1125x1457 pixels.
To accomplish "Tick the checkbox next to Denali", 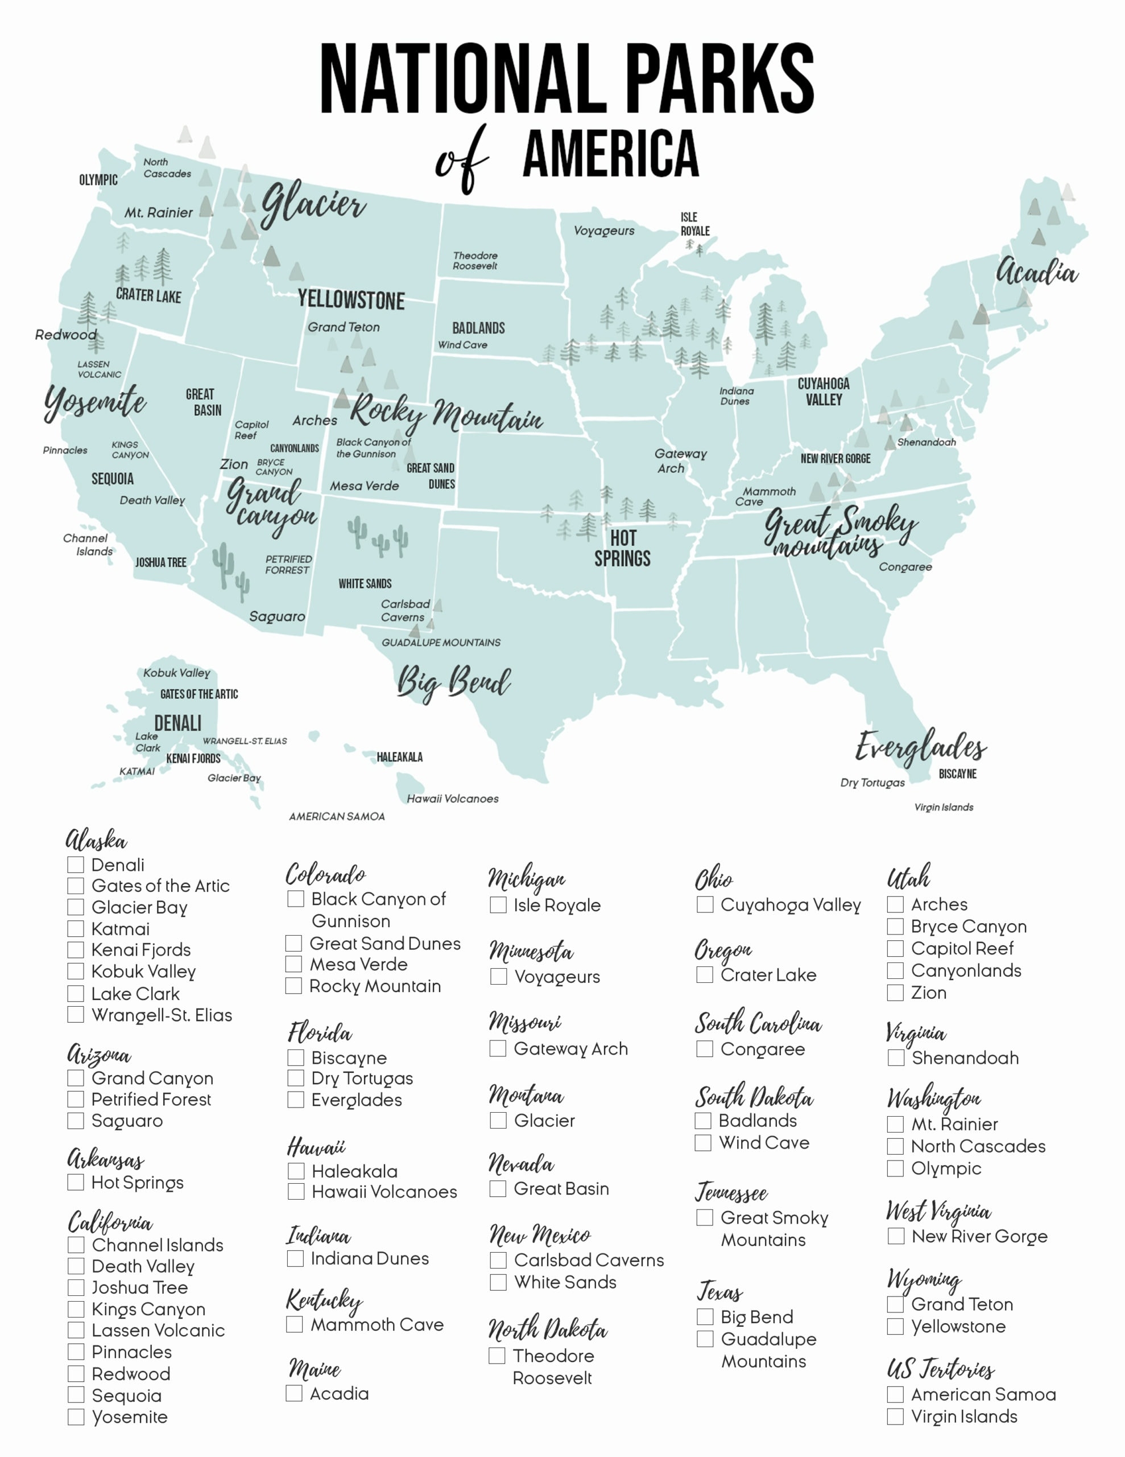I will [75, 865].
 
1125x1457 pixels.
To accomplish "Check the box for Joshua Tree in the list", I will [76, 1287].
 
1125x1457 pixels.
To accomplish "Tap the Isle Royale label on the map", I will [694, 224].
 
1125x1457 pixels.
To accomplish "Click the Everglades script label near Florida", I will [921, 747].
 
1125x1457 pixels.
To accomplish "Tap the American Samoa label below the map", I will [337, 817].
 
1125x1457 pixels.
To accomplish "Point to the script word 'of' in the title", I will [461, 160].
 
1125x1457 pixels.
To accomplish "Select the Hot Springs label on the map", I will [622, 549].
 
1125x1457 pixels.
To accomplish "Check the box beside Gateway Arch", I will [498, 1049].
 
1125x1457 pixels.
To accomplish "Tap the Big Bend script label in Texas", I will [453, 682].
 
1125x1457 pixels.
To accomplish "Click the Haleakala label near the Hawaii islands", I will [399, 757].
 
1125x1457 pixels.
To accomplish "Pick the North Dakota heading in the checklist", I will [547, 1329].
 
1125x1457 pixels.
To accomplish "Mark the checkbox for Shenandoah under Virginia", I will [896, 1058].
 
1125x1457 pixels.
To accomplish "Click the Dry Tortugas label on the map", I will [872, 783].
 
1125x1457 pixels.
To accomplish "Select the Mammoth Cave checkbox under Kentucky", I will [294, 1324].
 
